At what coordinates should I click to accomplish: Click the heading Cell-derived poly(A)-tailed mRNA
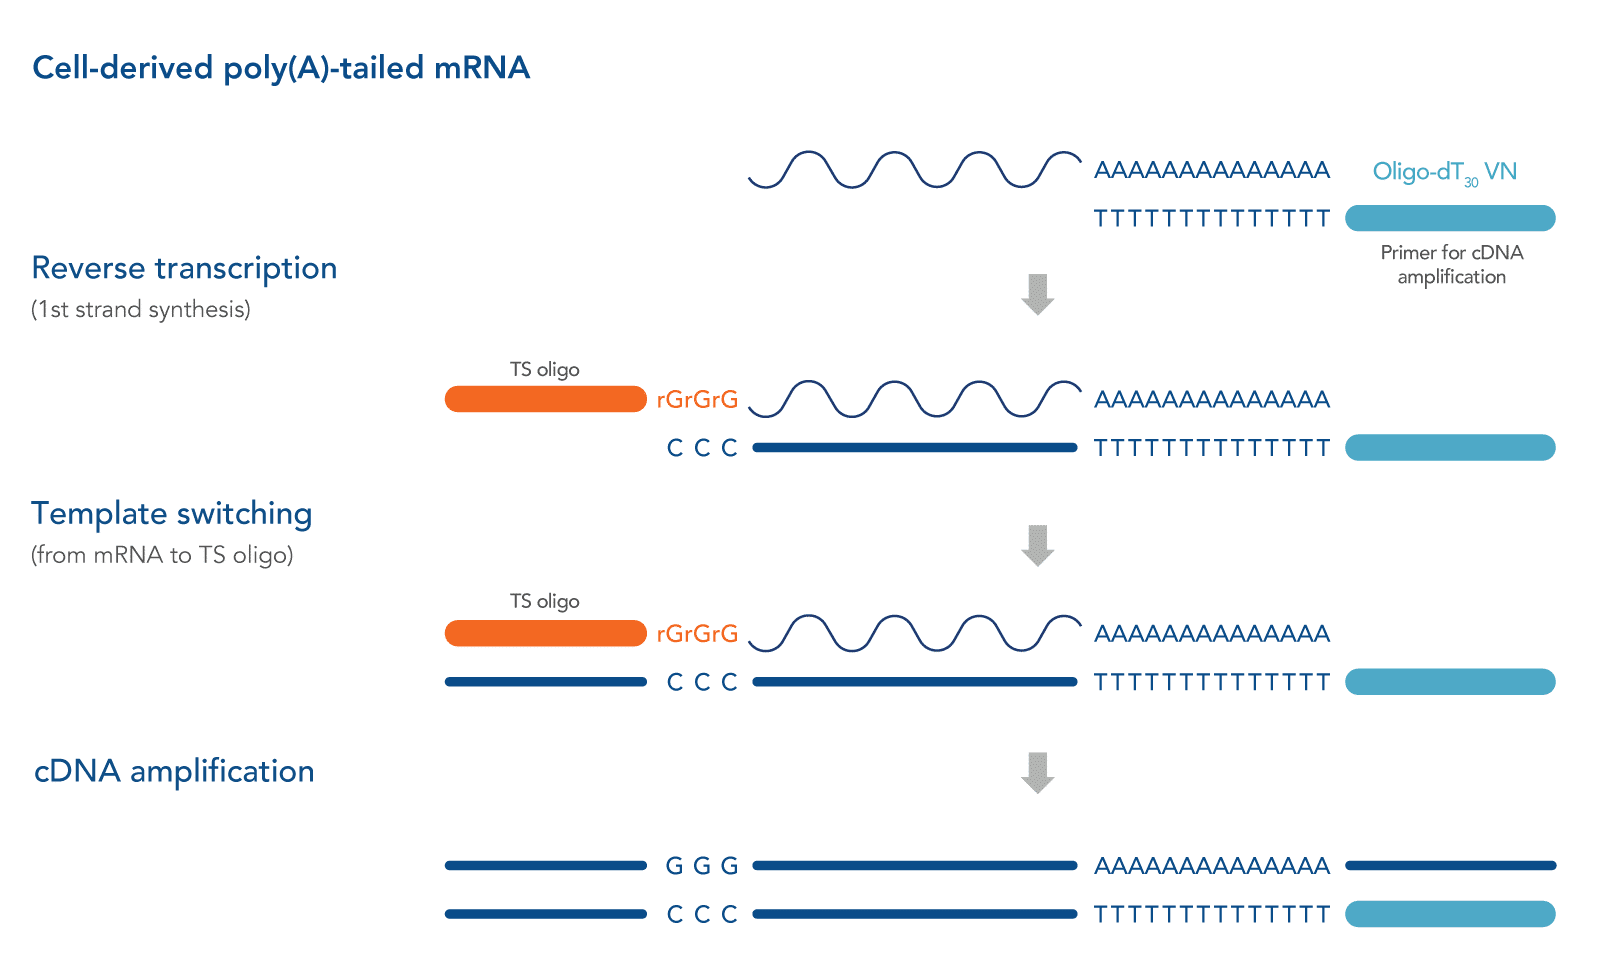(281, 68)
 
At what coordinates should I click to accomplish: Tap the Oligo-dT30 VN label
(1444, 172)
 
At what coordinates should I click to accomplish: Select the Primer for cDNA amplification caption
(1451, 264)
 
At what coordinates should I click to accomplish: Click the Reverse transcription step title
(184, 268)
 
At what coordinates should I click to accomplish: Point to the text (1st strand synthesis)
(141, 309)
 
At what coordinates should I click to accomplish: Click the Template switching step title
(172, 513)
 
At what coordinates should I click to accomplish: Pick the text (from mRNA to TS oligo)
(162, 555)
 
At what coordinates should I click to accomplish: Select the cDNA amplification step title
(174, 771)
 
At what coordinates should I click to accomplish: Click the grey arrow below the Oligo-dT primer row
(1038, 294)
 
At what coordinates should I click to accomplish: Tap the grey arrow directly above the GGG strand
(1038, 772)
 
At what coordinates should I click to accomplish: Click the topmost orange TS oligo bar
(545, 399)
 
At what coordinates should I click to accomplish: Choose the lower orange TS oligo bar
(545, 633)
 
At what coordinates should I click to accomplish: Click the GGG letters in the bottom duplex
(702, 866)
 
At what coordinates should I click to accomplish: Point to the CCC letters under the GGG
(702, 914)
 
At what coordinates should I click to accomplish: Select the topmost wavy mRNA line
(914, 170)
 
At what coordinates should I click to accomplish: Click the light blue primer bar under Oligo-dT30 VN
(1450, 218)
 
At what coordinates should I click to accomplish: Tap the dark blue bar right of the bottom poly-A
(1450, 866)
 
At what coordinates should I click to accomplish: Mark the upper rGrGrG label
(697, 400)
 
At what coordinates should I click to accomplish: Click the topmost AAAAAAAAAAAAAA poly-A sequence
(1212, 170)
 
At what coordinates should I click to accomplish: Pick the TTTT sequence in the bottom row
(1212, 914)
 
